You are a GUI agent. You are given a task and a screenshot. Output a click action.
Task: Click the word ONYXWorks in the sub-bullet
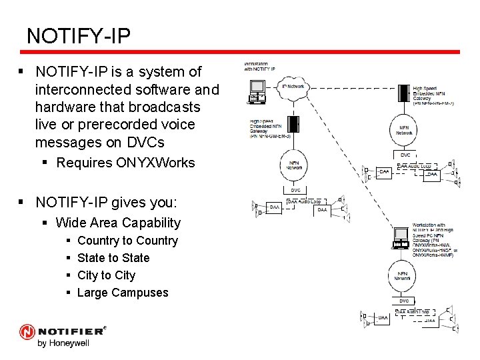pos(159,162)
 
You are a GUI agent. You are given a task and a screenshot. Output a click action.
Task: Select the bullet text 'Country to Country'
pos(127,241)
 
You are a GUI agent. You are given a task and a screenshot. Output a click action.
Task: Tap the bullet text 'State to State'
pos(113,258)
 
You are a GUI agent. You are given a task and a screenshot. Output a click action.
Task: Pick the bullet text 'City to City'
pos(106,275)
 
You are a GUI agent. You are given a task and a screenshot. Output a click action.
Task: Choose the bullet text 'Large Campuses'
pos(123,293)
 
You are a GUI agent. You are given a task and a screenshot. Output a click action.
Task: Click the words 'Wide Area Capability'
pos(118,223)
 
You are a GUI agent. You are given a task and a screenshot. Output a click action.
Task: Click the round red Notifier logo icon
pos(27,332)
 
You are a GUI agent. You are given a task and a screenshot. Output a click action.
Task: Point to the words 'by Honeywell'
pos(63,343)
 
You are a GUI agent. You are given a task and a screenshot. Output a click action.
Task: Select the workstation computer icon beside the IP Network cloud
pos(257,90)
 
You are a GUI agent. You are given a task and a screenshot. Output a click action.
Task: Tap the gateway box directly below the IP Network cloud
pos(292,125)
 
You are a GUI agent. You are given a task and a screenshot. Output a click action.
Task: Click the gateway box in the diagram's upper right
pos(404,94)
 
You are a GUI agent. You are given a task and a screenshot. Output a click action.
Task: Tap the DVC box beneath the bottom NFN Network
pos(404,301)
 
